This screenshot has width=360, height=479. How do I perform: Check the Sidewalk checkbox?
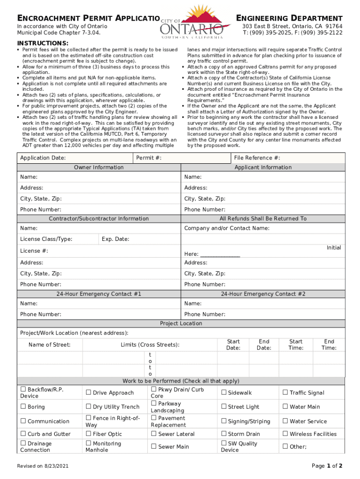pos(224,392)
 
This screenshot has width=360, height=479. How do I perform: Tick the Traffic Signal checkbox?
pos(285,392)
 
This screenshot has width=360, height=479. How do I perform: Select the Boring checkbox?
pos(23,407)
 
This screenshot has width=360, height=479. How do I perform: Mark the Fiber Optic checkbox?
pos(89,434)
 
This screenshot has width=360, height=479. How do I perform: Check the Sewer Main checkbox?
pos(154,447)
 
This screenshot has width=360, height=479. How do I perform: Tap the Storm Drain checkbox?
pos(224,434)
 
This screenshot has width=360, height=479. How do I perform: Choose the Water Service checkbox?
pos(285,421)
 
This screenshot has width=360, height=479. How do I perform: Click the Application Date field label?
pos(43,158)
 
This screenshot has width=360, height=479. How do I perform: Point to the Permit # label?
pos(149,158)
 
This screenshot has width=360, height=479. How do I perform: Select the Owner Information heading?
pos(99,167)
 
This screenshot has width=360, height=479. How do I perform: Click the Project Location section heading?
pos(181,323)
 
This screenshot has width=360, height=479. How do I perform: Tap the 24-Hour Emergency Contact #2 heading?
pos(263,294)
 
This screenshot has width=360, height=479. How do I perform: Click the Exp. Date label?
pos(115,239)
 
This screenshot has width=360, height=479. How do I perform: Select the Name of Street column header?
pos(50,345)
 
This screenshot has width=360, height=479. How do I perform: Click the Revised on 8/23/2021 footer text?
pos(43,466)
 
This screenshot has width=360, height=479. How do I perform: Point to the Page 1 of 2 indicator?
pos(327,466)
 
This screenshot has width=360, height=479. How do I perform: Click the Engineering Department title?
pos(289,18)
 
